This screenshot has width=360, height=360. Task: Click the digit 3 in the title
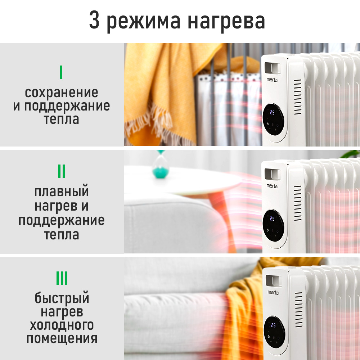(94, 20)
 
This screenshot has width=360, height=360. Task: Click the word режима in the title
(144, 22)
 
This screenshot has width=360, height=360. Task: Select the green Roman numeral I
(61, 72)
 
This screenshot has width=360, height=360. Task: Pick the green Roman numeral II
(62, 171)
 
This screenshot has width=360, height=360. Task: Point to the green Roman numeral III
(62, 278)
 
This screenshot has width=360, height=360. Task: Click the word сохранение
(62, 93)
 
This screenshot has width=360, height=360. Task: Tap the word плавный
(62, 192)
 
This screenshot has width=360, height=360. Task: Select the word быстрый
(62, 298)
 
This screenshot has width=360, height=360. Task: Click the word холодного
(62, 325)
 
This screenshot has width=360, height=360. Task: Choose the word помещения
(62, 339)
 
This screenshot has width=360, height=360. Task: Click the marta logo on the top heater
(272, 80)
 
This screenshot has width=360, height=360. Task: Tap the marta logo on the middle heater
(272, 186)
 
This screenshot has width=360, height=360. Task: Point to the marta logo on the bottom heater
(273, 292)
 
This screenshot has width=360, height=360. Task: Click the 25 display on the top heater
(272, 112)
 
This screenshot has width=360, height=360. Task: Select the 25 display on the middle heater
(272, 219)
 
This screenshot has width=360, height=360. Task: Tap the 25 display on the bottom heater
(273, 325)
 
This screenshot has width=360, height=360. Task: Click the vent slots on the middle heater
(298, 203)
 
